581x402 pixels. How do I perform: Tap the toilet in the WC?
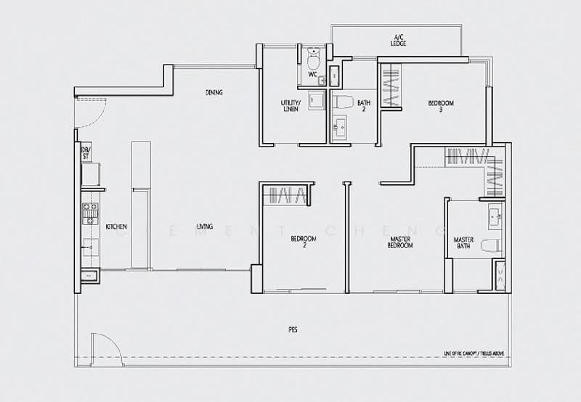313,54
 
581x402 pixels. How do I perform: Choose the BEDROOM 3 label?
440,106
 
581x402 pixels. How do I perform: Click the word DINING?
214,93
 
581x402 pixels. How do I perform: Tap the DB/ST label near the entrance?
85,153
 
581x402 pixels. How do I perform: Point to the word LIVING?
204,227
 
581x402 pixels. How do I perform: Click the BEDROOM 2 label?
304,242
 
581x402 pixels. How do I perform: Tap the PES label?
293,330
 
